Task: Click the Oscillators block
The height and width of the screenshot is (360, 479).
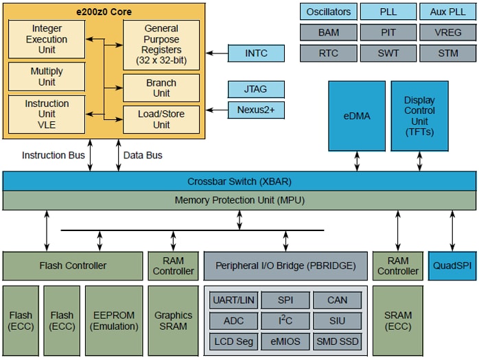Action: [329, 12]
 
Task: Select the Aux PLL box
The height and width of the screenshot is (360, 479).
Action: [447, 12]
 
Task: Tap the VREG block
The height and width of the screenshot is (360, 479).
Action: [447, 32]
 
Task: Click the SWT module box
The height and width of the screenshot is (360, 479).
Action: [388, 53]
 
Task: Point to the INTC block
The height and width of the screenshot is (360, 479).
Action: [256, 53]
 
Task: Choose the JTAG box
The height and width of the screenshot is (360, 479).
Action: [256, 89]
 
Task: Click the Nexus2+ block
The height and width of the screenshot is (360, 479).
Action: [256, 110]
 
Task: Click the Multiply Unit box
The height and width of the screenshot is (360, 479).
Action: [47, 77]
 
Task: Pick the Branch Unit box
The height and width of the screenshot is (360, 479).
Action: [161, 88]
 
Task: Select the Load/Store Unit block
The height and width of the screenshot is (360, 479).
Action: [161, 119]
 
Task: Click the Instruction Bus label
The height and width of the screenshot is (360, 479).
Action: [54, 156]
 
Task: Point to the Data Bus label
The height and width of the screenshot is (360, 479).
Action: [143, 156]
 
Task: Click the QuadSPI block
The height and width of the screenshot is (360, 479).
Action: [452, 265]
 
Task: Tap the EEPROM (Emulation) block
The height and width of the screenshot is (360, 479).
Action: [113, 320]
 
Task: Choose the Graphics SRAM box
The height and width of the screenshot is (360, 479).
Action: [173, 320]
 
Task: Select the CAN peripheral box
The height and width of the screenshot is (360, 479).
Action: [337, 300]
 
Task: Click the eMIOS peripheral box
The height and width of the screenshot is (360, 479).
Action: [285, 341]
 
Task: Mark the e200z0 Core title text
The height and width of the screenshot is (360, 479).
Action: [104, 12]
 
